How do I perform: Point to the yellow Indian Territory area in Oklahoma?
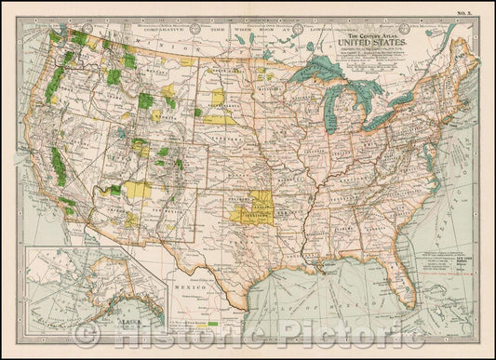pyautogui.click(x=246, y=210)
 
